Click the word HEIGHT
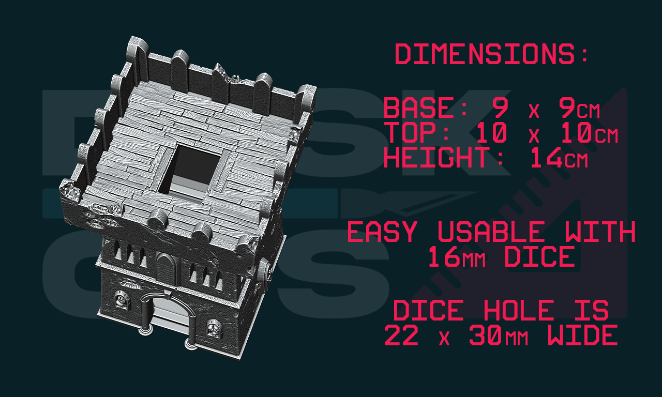[437, 157]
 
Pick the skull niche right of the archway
[214, 328]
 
